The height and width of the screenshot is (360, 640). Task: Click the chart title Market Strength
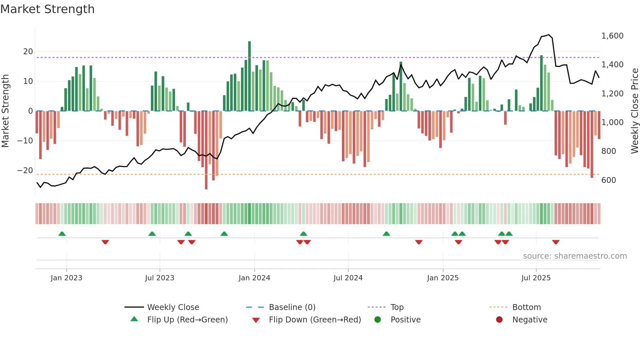coord(47,9)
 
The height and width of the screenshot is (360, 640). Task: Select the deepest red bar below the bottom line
coord(206,150)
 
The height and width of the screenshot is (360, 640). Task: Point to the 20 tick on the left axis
coord(28,52)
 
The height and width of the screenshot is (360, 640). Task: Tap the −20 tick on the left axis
coord(25,171)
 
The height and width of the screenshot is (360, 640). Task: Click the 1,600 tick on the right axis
coord(612,36)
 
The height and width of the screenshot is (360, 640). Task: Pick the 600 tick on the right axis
coord(609,180)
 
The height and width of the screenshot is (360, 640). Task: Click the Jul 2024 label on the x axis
coord(348,278)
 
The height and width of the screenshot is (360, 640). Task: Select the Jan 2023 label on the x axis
coord(67,278)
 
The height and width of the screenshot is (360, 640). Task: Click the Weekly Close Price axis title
coord(634,111)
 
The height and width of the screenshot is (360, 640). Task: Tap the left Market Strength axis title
coord(5,111)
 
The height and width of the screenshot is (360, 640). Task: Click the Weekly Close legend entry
coord(173,307)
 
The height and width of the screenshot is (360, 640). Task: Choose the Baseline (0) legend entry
coord(292,307)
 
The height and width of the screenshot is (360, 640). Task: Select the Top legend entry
coord(397,307)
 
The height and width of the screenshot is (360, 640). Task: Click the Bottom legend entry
coord(526,307)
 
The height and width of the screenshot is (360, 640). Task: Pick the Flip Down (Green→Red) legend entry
coord(315,320)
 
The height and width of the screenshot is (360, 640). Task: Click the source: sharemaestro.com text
coord(575,256)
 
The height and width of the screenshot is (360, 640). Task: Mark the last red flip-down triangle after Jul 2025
coord(556,242)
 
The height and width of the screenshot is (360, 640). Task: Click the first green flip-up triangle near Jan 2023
coord(62,234)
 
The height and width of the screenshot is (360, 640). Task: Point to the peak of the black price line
coord(549,35)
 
